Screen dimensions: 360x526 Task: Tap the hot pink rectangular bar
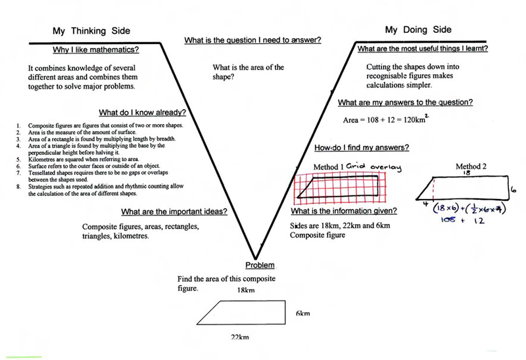click(x=147, y=121)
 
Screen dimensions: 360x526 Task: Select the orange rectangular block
click(x=452, y=97)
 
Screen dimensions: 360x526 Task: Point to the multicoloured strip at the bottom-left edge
click(x=24, y=355)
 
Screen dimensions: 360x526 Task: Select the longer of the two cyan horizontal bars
click(x=128, y=178)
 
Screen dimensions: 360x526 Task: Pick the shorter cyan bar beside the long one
click(x=157, y=178)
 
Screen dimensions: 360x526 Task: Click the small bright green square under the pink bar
click(x=140, y=130)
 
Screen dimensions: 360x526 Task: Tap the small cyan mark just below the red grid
click(x=367, y=216)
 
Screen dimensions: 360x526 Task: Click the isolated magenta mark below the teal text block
click(x=138, y=231)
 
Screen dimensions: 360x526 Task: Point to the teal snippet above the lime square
click(x=114, y=53)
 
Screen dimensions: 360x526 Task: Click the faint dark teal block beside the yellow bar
click(x=471, y=50)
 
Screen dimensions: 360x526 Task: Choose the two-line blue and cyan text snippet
click(x=380, y=77)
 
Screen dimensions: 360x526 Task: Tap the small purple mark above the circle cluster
click(x=462, y=162)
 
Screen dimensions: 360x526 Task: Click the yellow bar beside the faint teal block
click(x=433, y=56)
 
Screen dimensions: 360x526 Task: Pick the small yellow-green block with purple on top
click(x=424, y=111)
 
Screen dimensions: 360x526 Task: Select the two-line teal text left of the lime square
click(x=62, y=77)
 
